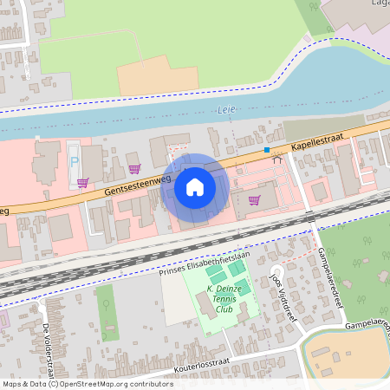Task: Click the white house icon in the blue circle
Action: click(x=195, y=187)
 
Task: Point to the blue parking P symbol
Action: click(x=74, y=163)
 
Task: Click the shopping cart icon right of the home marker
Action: click(x=254, y=199)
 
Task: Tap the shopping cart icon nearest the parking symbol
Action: click(x=82, y=182)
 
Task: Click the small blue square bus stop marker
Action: click(x=267, y=150)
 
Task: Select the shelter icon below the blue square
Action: click(x=277, y=159)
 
